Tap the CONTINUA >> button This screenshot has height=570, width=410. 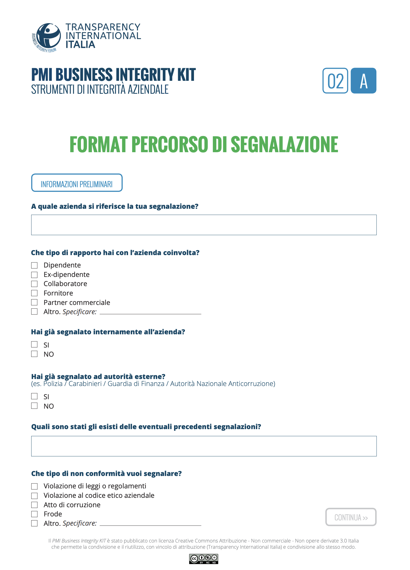pyautogui.click(x=351, y=517)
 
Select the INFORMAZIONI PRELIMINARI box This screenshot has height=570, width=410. pyautogui.click(x=77, y=183)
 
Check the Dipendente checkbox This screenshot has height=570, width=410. pyautogui.click(x=34, y=265)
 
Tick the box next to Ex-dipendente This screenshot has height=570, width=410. pyautogui.click(x=34, y=275)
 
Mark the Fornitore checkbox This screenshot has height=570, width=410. pyautogui.click(x=34, y=293)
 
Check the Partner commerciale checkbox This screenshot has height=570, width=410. pyautogui.click(x=34, y=302)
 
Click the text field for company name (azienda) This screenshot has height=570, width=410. pyautogui.click(x=204, y=225)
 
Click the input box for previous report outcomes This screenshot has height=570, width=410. pyautogui.click(x=204, y=446)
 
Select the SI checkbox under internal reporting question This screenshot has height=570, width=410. pyautogui.click(x=34, y=345)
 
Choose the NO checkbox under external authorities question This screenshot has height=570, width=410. pyautogui.click(x=34, y=406)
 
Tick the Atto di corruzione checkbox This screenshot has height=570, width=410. pyautogui.click(x=34, y=505)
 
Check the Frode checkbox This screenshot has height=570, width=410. pyautogui.click(x=34, y=514)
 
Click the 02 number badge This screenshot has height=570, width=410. pyautogui.click(x=335, y=81)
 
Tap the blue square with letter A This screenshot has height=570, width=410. pyautogui.click(x=363, y=81)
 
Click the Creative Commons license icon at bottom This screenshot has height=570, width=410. pyautogui.click(x=203, y=559)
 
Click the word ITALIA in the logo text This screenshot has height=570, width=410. pyautogui.click(x=80, y=45)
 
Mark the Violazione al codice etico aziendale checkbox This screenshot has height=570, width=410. pyautogui.click(x=34, y=496)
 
